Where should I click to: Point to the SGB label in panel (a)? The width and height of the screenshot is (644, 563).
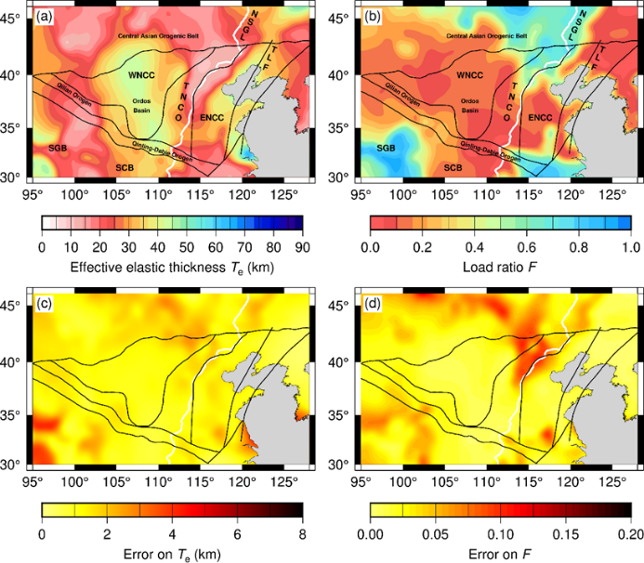[x=58, y=148]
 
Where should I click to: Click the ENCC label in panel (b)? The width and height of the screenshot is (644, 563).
[x=540, y=118]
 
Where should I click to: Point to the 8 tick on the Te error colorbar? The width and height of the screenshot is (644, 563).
[x=302, y=534]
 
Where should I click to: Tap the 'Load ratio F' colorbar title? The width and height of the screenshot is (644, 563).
[x=501, y=268]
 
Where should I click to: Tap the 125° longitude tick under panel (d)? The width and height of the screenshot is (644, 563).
[x=612, y=481]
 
